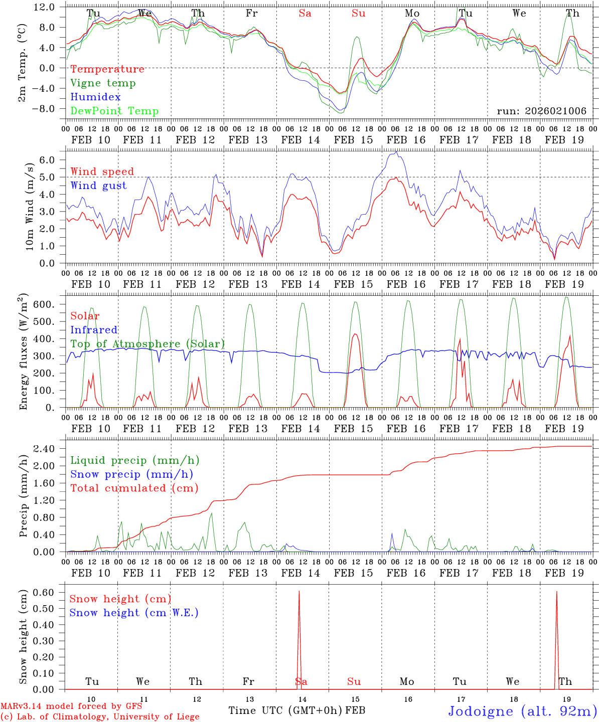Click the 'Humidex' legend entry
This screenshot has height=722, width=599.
point(95,97)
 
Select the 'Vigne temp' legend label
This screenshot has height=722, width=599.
point(103,83)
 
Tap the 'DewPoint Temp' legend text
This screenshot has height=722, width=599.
point(114,111)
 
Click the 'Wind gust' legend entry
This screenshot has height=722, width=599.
point(98,186)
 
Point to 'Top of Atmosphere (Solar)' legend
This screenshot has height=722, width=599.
point(147,344)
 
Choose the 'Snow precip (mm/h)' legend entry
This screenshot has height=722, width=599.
point(131,474)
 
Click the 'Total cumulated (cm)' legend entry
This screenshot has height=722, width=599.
point(134,488)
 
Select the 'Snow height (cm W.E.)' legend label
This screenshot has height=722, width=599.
point(134,613)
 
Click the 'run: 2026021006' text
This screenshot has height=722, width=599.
point(541,111)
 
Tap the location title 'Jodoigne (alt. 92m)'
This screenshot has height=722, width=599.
point(522,711)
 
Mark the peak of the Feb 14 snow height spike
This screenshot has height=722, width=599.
point(299,592)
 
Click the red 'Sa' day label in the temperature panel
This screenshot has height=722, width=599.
point(305,14)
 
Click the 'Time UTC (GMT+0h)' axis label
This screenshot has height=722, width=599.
point(285,710)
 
